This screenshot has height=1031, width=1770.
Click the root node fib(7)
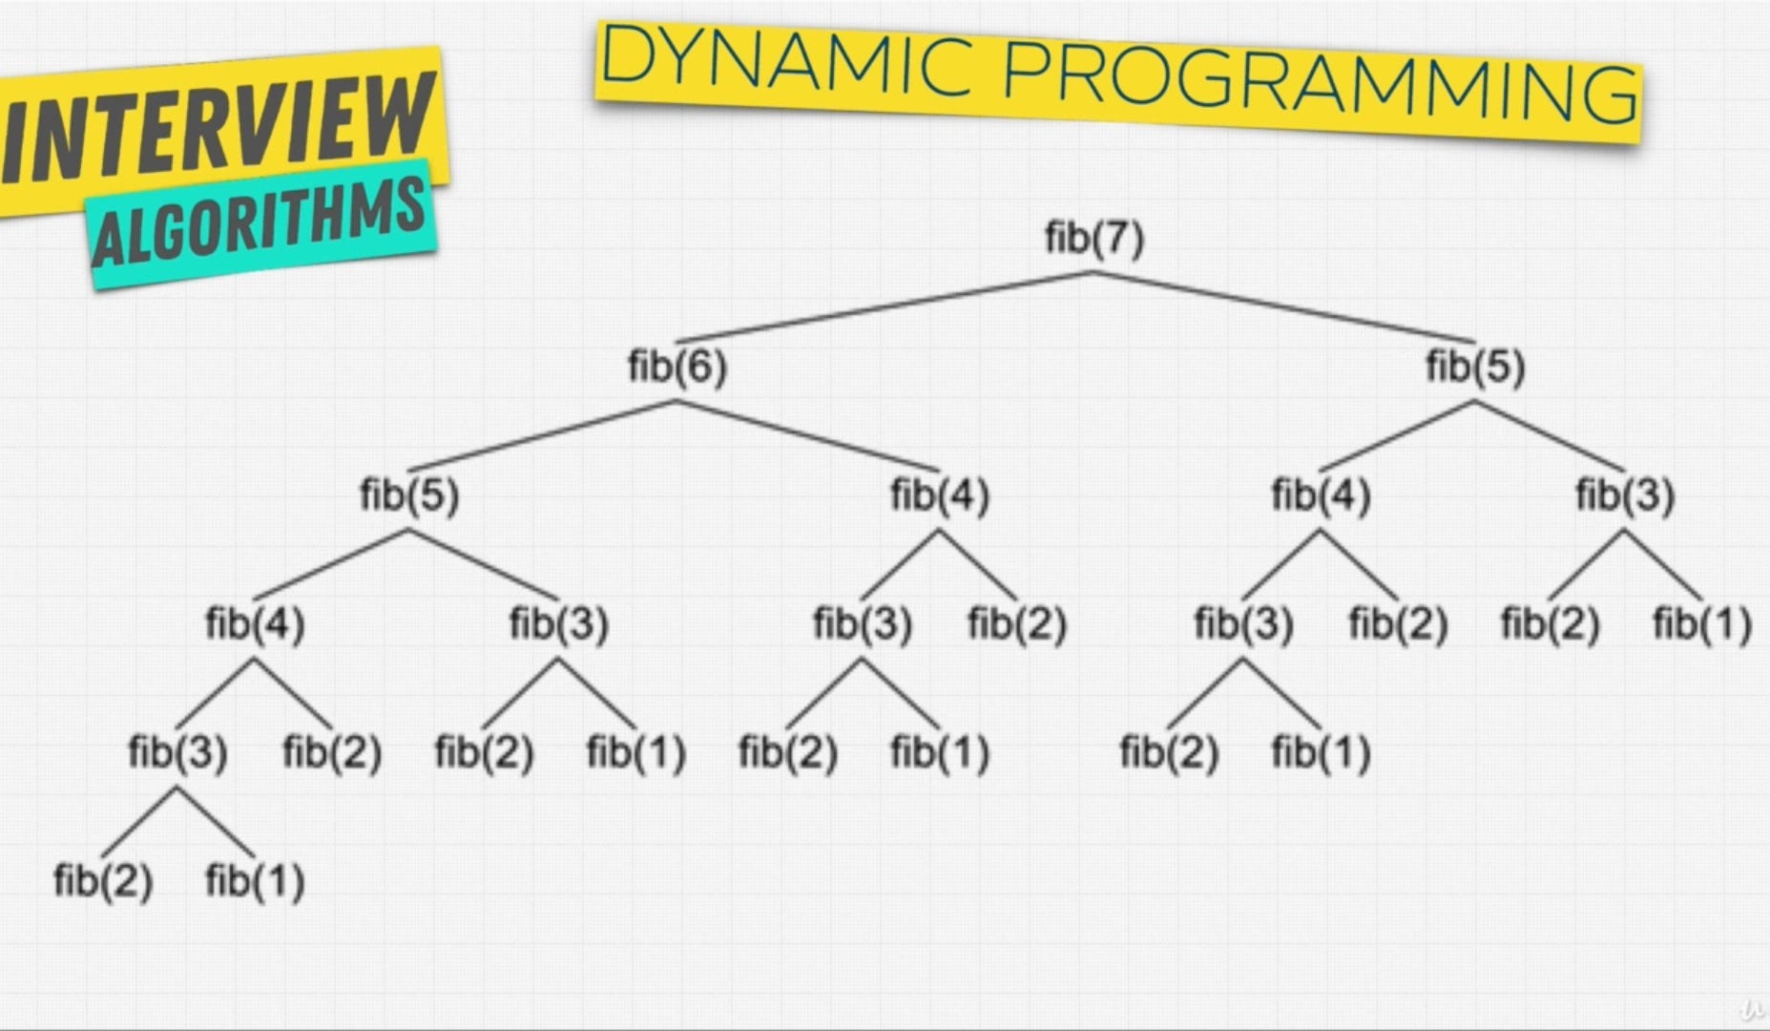tap(1093, 238)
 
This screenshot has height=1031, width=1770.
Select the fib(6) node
tap(677, 367)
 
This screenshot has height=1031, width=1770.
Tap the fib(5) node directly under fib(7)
tap(1475, 367)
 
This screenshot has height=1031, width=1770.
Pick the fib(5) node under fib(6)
tap(409, 495)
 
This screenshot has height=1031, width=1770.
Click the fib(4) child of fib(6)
tap(940, 495)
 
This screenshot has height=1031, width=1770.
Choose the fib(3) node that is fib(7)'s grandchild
tap(1625, 495)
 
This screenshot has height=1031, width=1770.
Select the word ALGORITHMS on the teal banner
tap(258, 224)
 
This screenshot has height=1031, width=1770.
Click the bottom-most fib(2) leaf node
tap(103, 880)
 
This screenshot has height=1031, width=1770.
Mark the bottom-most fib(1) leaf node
tap(255, 880)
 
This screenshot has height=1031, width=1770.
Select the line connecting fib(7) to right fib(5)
tap(1283, 307)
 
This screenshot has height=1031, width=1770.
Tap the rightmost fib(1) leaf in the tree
tap(1702, 624)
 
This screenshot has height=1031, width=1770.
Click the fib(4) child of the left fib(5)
tap(255, 624)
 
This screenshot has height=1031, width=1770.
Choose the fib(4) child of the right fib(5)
tap(1321, 495)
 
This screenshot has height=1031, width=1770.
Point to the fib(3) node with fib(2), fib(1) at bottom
tap(177, 752)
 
